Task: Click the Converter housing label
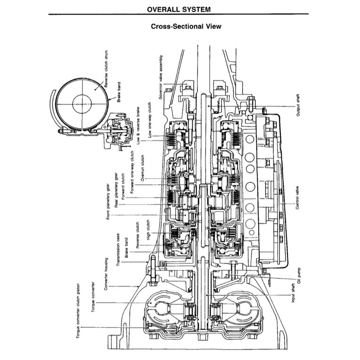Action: click(x=107, y=274)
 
